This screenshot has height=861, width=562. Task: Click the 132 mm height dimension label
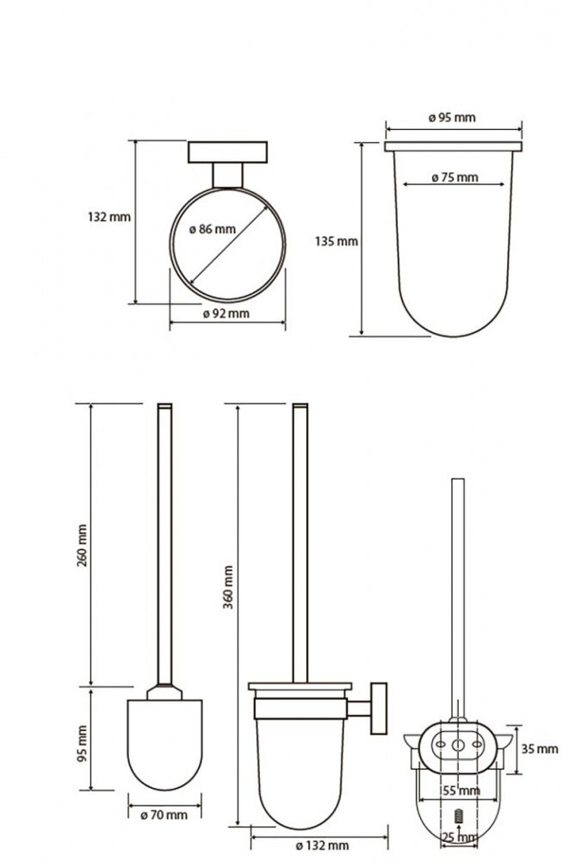109,217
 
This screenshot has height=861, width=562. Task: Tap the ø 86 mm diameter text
213,229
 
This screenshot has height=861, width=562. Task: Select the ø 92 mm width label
226,313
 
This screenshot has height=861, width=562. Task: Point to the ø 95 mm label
452,117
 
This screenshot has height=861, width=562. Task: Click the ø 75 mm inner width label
454,177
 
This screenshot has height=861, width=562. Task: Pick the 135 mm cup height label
337,241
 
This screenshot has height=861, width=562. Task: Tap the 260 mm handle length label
82,546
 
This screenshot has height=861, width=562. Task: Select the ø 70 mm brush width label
164,815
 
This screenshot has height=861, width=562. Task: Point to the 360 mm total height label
228,587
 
